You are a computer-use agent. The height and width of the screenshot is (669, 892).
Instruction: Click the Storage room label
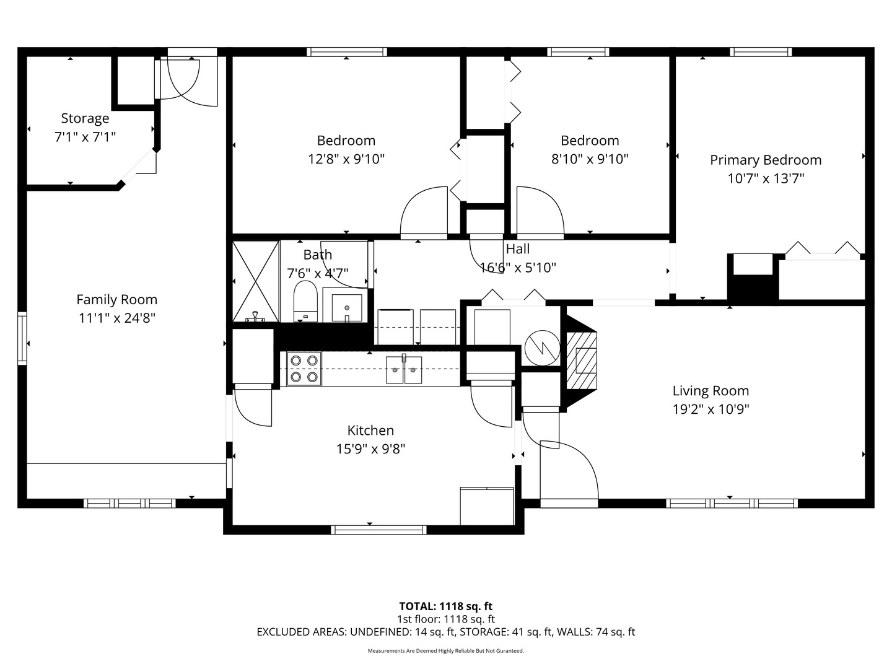85,118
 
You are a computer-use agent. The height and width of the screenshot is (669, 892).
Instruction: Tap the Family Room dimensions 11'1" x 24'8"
117,318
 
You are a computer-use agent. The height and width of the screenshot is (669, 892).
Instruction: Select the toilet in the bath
305,301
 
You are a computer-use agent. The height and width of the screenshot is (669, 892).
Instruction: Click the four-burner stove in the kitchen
304,369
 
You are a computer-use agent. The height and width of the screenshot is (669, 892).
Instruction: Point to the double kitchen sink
403,369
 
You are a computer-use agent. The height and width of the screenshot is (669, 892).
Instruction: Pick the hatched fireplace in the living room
582,361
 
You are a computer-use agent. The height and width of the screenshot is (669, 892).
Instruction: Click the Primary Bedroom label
766,160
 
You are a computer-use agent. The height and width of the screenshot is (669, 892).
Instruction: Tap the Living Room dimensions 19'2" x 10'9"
711,409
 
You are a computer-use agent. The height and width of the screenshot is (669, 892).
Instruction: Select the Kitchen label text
370,430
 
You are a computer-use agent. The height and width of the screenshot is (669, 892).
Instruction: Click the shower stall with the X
256,281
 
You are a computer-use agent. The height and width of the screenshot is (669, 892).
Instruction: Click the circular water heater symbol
542,348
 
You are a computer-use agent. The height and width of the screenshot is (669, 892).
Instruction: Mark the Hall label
517,248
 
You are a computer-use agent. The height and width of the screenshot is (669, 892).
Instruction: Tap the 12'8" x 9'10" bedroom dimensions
346,159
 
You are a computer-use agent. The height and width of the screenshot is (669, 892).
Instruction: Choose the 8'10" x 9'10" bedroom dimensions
590,159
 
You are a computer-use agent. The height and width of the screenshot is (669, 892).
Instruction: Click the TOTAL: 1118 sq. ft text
446,606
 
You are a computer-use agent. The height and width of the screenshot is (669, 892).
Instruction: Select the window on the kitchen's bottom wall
378,530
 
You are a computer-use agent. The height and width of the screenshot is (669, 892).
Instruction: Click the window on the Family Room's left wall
22,338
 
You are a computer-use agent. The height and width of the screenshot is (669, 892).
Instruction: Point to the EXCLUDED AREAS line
446,632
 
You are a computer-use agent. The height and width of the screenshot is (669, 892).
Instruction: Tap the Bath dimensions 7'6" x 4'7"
318,273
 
